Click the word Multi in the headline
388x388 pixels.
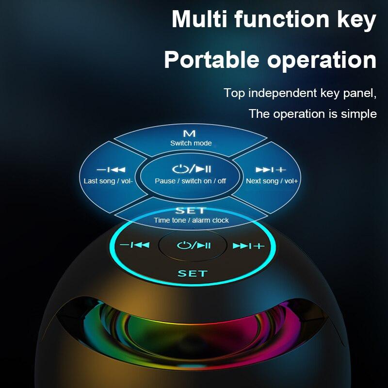[200, 19]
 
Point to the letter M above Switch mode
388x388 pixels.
[189, 133]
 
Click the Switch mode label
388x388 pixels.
[191, 143]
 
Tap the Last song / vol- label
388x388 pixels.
[108, 181]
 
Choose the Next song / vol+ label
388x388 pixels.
[272, 181]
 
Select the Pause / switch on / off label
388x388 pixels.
[191, 181]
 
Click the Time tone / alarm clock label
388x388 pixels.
[191, 220]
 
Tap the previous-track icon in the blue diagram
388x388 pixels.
[111, 170]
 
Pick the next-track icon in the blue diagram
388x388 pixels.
[271, 170]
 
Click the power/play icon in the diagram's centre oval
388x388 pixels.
[191, 169]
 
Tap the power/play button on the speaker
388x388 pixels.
[193, 245]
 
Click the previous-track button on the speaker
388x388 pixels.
[134, 245]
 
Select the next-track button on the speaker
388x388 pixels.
[248, 246]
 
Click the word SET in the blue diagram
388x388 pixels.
[190, 210]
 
